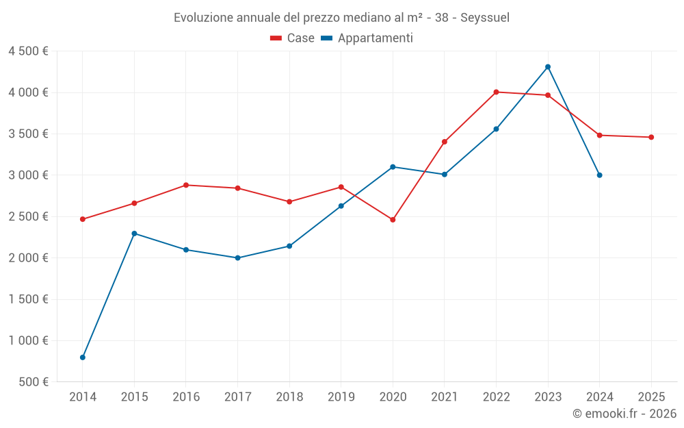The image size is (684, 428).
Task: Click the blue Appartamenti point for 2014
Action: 83,357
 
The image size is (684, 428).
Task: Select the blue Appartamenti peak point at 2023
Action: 548,67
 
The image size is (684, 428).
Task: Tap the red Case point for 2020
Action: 393,220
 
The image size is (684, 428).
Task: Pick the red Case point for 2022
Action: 496,92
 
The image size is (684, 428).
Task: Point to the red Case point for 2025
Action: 651,137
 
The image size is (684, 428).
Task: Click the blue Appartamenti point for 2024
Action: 600,175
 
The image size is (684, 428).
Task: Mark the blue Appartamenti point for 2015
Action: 134,234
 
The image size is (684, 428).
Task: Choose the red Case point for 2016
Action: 186,185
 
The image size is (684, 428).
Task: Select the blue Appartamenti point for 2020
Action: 393,167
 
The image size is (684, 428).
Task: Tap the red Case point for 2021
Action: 445,142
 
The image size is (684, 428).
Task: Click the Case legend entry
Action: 293,38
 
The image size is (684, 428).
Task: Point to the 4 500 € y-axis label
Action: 28,51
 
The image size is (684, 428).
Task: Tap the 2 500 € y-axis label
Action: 28,216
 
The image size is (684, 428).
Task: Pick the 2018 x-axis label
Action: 289,396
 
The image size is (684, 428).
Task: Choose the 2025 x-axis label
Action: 651,396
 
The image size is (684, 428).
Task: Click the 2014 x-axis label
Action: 83,396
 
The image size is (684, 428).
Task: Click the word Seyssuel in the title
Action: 485,17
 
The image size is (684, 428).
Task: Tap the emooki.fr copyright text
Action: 624,414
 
